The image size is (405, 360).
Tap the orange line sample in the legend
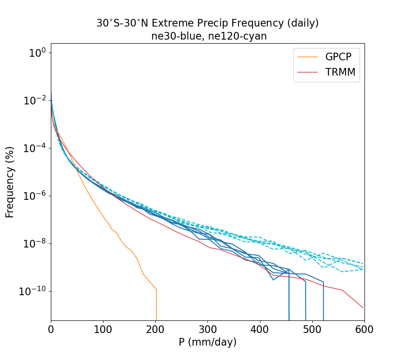point(308,57)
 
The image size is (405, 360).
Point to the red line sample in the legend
point(308,72)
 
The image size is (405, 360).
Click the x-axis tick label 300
point(207,329)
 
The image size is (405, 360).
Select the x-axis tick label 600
point(364,329)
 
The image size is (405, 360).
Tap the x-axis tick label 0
point(51,329)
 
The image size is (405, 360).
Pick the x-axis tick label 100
point(103,329)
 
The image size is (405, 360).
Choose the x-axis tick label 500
point(312,329)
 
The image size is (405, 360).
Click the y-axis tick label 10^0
point(37,53)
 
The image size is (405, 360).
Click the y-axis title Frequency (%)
point(10,182)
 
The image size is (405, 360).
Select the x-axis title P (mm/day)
point(207,342)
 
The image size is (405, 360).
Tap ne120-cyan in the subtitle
point(240,36)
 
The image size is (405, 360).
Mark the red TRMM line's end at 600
point(363,308)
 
